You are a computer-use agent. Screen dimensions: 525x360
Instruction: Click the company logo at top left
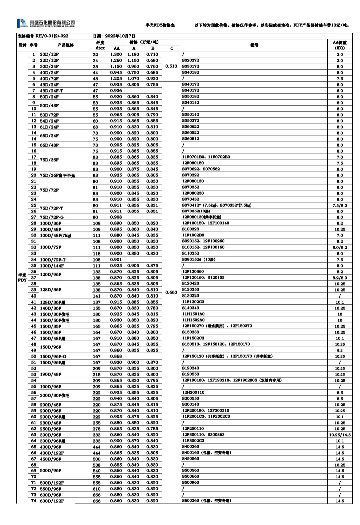tap(46, 23)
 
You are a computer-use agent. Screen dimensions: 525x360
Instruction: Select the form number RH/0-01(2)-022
tap(43, 36)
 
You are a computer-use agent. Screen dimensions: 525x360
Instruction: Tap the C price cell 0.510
tap(171, 66)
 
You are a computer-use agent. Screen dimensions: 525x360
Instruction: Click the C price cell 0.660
tap(171, 293)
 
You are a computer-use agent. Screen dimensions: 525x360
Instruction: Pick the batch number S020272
tap(191, 60)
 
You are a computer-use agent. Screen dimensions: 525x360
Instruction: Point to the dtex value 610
tap(97, 489)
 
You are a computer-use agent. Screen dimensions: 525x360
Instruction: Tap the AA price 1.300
tap(116, 54)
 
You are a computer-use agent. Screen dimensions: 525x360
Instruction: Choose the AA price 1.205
tap(116, 79)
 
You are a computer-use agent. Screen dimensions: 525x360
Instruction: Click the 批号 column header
tap(254, 45)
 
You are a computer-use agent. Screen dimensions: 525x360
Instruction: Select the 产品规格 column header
tap(65, 45)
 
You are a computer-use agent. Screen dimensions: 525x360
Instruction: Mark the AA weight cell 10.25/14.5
tap(340, 435)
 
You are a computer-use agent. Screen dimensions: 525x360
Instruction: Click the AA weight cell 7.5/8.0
tap(340, 205)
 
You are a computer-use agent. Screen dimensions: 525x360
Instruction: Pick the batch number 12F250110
tap(193, 429)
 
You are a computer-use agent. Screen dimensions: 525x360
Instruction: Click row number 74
tap(34, 501)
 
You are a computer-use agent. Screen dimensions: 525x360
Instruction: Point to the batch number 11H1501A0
tap(193, 314)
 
